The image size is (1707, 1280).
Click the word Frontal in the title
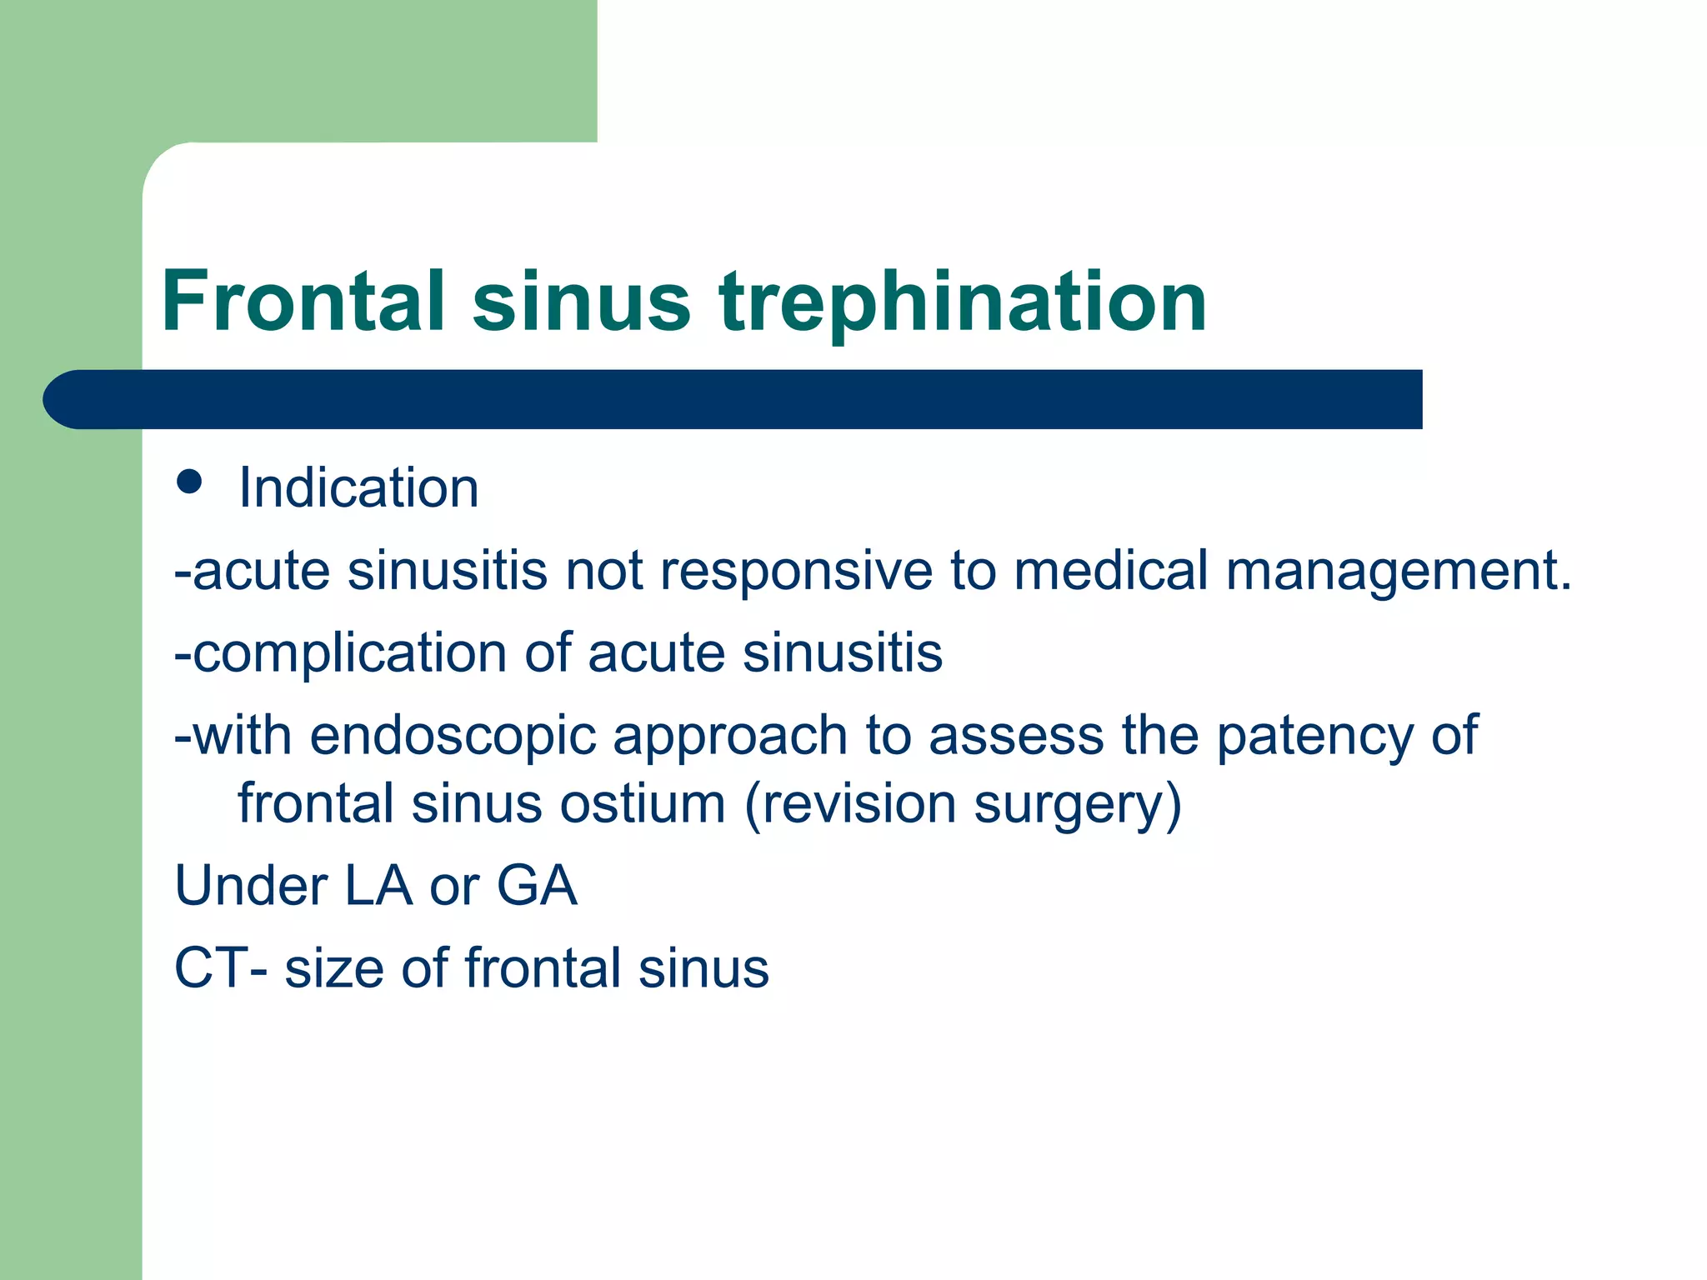303,302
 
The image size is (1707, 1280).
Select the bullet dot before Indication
190,482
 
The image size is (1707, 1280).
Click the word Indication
358,487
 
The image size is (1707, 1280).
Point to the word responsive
795,572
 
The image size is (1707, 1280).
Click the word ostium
642,804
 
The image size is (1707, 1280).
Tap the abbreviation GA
537,886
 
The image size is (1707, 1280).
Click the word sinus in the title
581,302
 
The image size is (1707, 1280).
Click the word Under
250,886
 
